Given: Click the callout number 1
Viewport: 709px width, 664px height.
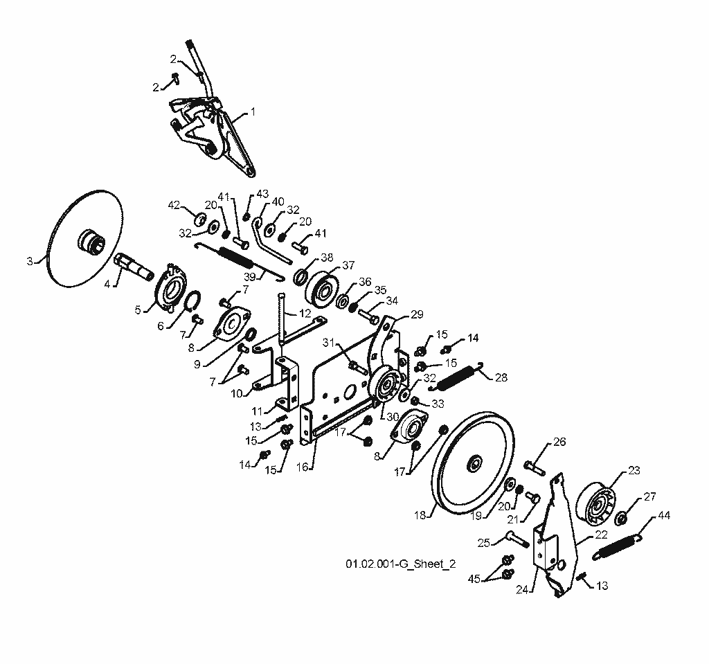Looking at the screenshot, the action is [x=253, y=111].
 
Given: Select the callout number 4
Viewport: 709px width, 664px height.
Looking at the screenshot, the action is [x=107, y=285].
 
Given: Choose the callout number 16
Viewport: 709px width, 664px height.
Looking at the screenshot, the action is [x=302, y=467].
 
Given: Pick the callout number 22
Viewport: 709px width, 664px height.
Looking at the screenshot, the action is [x=601, y=535].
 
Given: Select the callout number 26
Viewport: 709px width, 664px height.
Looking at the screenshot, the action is [x=559, y=442].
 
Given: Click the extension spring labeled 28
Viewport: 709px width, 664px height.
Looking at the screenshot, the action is [x=457, y=377].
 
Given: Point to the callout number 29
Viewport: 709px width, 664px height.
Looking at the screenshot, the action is [x=417, y=314].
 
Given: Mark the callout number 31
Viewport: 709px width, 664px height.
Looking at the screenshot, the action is [x=327, y=343].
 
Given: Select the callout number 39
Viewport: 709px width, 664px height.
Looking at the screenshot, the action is [x=249, y=277].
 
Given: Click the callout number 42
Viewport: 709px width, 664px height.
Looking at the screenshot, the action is [x=174, y=206].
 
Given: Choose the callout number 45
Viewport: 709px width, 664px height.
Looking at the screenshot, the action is [x=474, y=579].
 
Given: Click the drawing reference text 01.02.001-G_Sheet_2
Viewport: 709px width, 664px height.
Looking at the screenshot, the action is [x=401, y=564].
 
